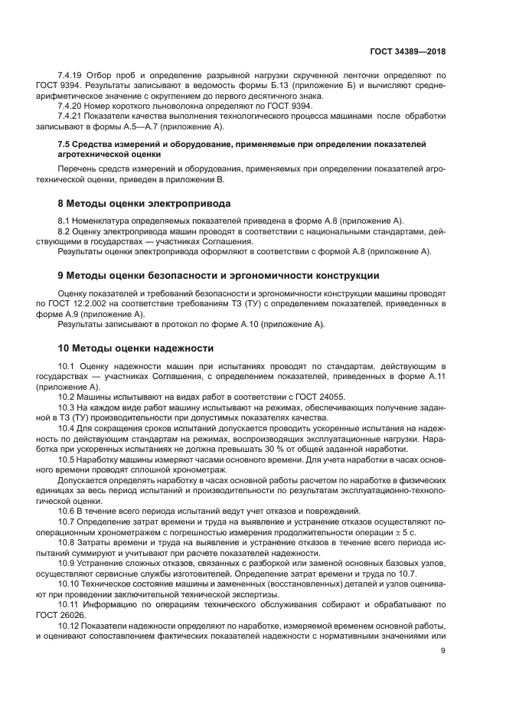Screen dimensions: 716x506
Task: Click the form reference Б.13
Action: [266, 87]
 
